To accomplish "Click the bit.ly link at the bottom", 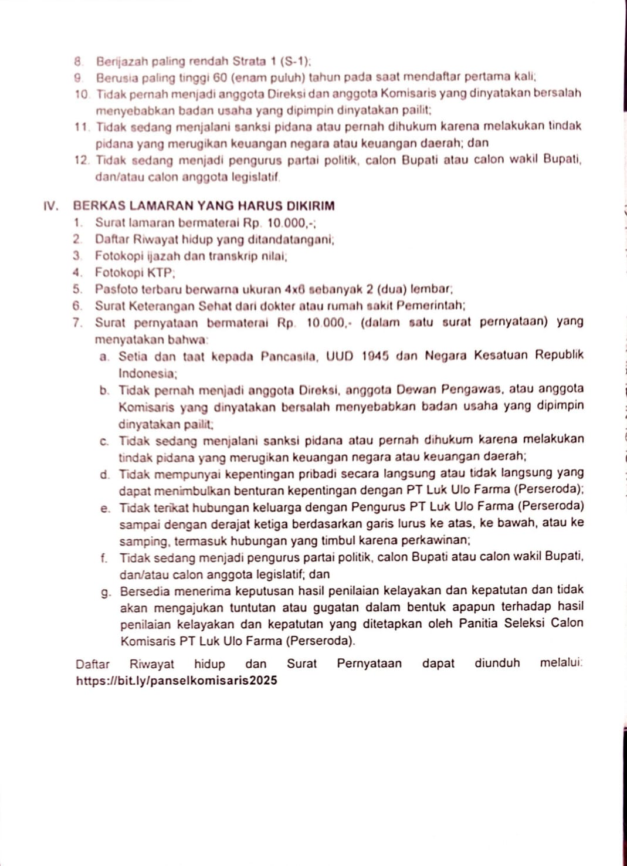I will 177,681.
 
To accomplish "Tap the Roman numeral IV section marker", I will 51,206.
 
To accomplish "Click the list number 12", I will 82,160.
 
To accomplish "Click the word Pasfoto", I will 115,289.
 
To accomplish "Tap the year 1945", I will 375,356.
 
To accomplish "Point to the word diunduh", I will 497,664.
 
